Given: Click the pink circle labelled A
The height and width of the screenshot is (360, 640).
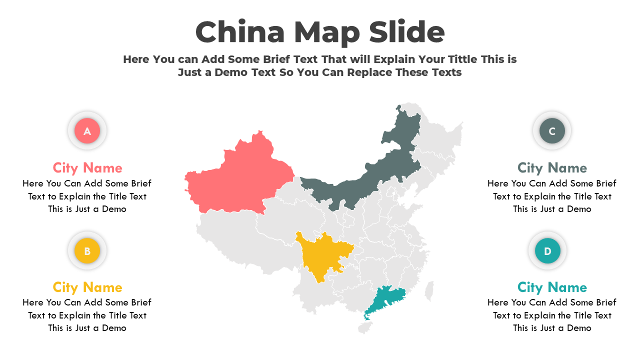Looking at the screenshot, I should coord(87,131).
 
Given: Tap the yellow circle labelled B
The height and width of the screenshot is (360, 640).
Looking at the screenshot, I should coord(87,251).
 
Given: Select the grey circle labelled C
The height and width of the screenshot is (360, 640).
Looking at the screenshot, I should coord(552,131).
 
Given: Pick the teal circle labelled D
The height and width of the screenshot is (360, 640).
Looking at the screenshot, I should coord(547,251).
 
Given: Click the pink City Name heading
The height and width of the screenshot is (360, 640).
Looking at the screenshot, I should coord(87,167).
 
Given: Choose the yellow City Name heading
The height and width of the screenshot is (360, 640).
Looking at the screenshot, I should coord(87,287).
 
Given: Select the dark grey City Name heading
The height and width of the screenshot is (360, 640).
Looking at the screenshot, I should coord(552,167).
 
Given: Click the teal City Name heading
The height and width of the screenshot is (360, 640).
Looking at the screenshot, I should coord(552,287).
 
